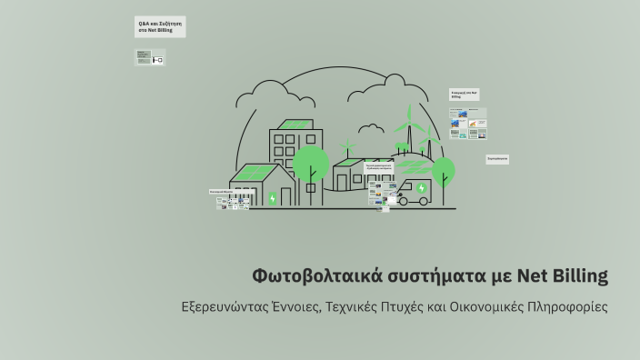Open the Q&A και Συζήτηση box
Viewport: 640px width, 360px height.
(x=160, y=27)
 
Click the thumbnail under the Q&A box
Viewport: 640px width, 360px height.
(x=150, y=57)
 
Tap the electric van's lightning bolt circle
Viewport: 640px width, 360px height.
(x=421, y=188)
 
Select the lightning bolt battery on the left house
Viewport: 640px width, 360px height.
(x=272, y=197)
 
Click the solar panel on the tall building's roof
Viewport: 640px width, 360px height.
(x=295, y=125)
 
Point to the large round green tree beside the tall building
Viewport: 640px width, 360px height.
(x=311, y=164)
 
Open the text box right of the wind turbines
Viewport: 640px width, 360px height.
(x=465, y=95)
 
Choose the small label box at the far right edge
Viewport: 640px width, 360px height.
(x=497, y=158)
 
